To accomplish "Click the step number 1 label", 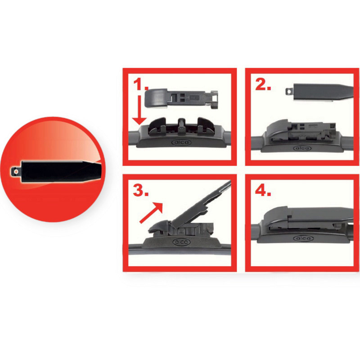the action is click(x=141, y=84).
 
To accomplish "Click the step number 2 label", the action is click(x=263, y=85).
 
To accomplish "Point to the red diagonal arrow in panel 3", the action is click(x=151, y=213).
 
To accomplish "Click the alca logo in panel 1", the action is click(x=181, y=143).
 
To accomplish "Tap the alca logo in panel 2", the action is click(x=302, y=148).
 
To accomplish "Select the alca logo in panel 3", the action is click(x=181, y=242).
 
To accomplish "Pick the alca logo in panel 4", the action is click(x=303, y=238).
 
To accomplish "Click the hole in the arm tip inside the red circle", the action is click(x=16, y=172).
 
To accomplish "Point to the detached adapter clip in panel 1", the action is click(x=181, y=98).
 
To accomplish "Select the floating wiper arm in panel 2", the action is click(x=319, y=92).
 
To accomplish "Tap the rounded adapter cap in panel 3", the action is click(x=159, y=226).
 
